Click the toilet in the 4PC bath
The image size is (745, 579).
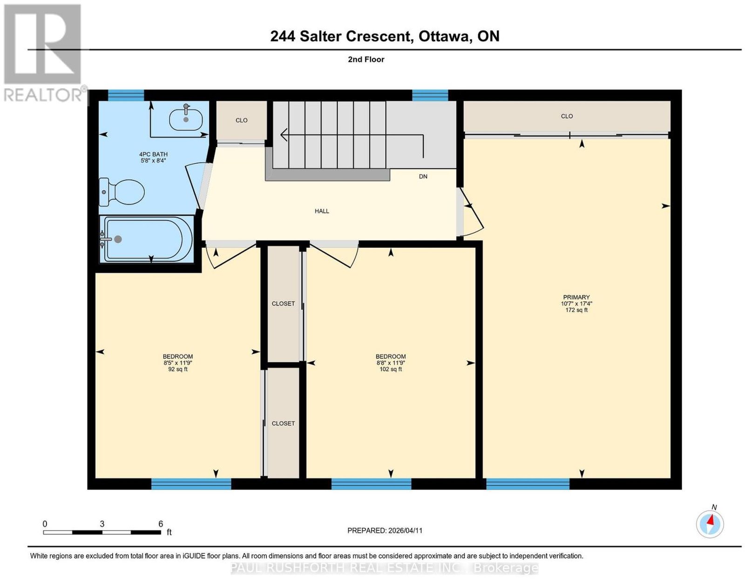click(122, 192)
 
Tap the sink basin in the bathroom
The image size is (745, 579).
click(186, 117)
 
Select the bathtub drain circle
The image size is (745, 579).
click(118, 239)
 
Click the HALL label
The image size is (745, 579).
click(322, 211)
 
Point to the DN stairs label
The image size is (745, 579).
click(423, 177)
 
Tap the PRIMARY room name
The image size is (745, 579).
click(576, 297)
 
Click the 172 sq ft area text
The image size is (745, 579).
click(576, 310)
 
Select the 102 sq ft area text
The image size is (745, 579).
click(391, 369)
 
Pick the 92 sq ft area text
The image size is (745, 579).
click(177, 369)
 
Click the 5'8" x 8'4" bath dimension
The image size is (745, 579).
click(153, 160)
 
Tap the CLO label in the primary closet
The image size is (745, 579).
click(567, 116)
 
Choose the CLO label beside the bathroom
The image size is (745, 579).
click(241, 120)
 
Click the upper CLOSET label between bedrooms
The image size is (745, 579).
click(283, 303)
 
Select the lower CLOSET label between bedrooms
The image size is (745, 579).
click(283, 423)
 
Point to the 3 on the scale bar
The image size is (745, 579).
click(102, 524)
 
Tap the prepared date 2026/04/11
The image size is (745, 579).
click(405, 531)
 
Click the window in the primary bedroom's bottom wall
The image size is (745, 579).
click(528, 484)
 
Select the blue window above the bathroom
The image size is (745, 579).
click(126, 95)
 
